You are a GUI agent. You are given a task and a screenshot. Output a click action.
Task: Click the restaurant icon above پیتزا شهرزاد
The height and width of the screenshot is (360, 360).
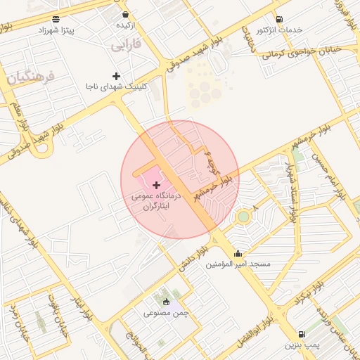[56, 19]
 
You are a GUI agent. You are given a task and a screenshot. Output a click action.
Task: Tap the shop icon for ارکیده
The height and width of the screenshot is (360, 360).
[125, 14]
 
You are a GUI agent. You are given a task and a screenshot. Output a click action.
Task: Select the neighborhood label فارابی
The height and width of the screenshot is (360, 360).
[126, 45]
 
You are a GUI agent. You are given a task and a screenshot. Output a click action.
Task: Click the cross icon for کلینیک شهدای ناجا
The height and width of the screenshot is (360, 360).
[116, 75]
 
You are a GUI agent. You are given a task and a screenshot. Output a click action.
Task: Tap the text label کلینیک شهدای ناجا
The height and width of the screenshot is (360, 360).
[116, 86]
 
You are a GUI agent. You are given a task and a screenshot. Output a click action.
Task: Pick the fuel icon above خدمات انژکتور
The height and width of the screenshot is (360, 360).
[279, 19]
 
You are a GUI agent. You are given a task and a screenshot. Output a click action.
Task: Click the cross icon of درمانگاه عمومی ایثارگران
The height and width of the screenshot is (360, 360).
[156, 184]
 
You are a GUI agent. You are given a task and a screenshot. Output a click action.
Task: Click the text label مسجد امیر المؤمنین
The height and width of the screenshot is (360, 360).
[238, 264]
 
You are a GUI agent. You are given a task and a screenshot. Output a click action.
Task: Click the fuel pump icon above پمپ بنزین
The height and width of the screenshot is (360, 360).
[302, 334]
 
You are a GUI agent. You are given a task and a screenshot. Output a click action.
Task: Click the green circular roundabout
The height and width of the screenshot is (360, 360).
[243, 217]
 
